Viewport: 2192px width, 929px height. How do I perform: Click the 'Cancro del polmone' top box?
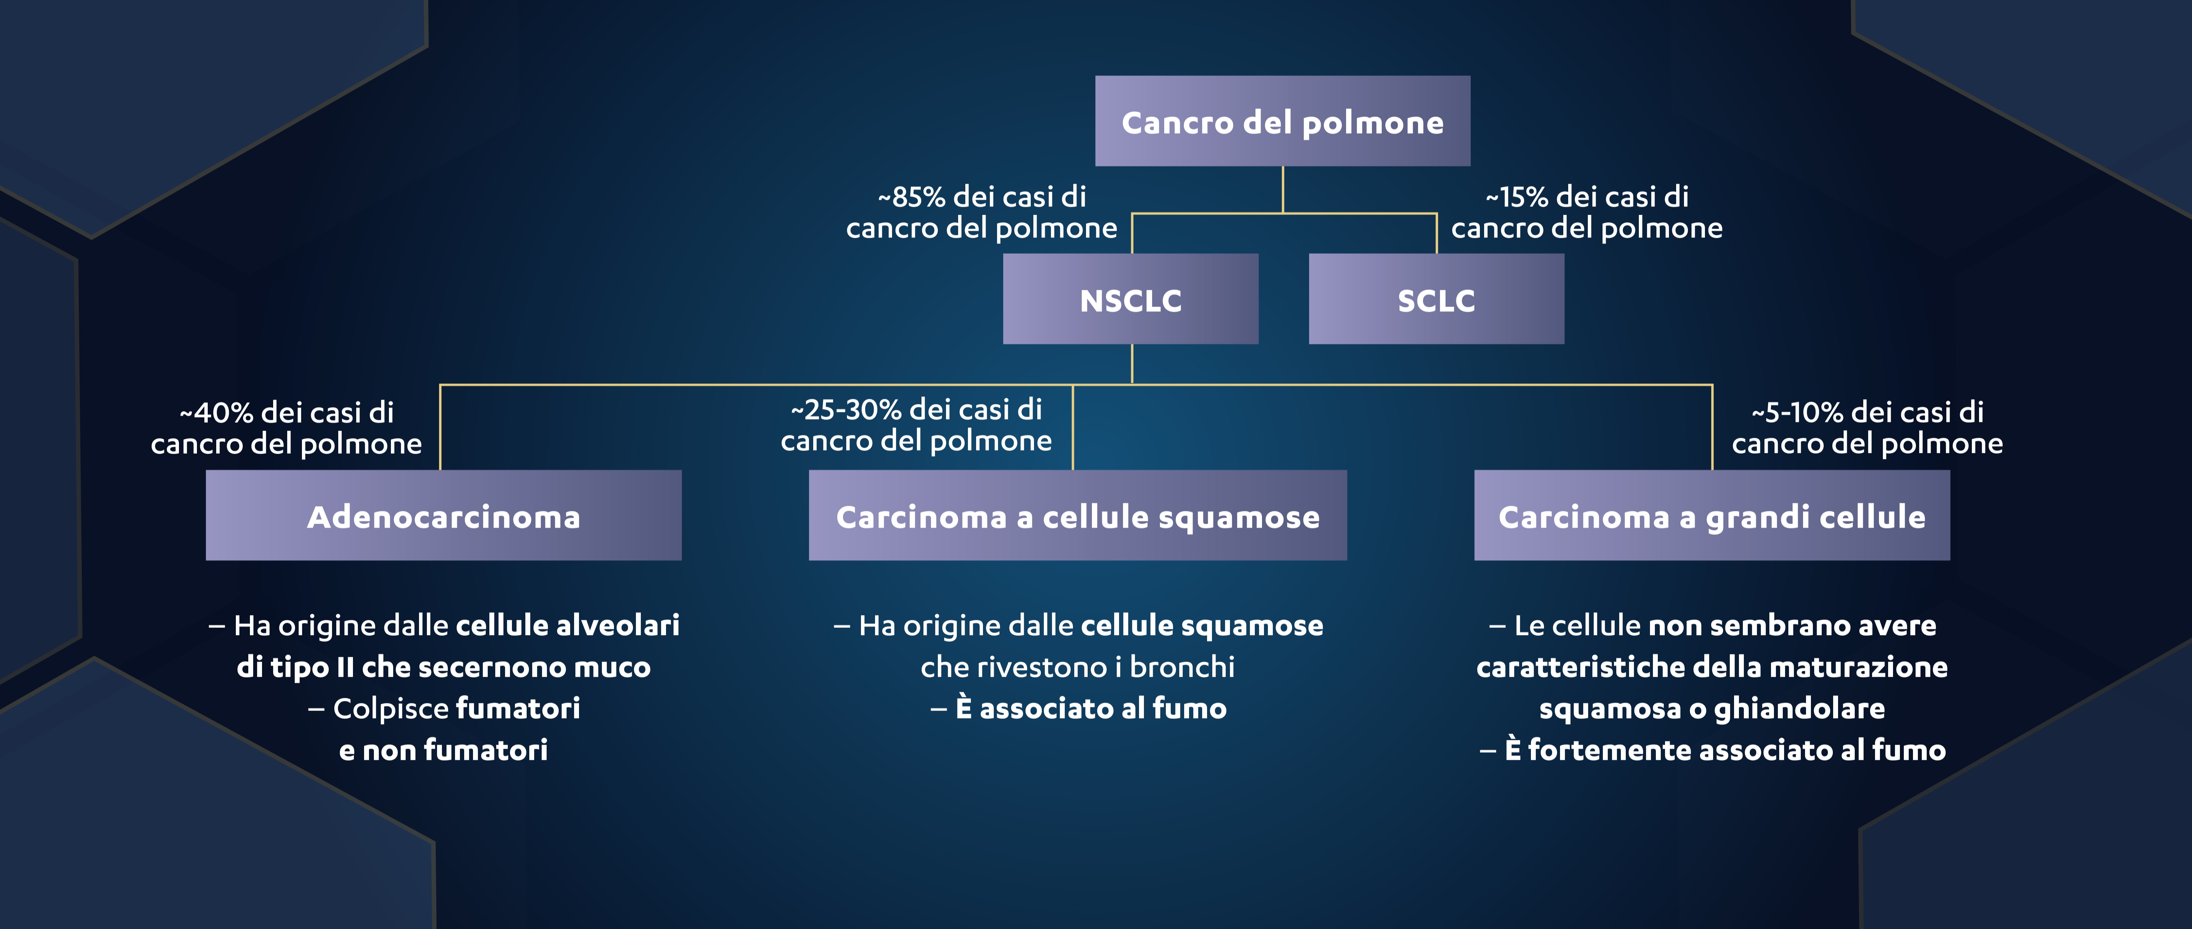coord(1282,122)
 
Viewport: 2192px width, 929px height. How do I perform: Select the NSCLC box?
coord(1130,300)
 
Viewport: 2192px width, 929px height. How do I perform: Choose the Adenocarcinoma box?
coord(443,516)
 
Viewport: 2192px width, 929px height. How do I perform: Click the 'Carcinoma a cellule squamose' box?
coord(1077,516)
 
